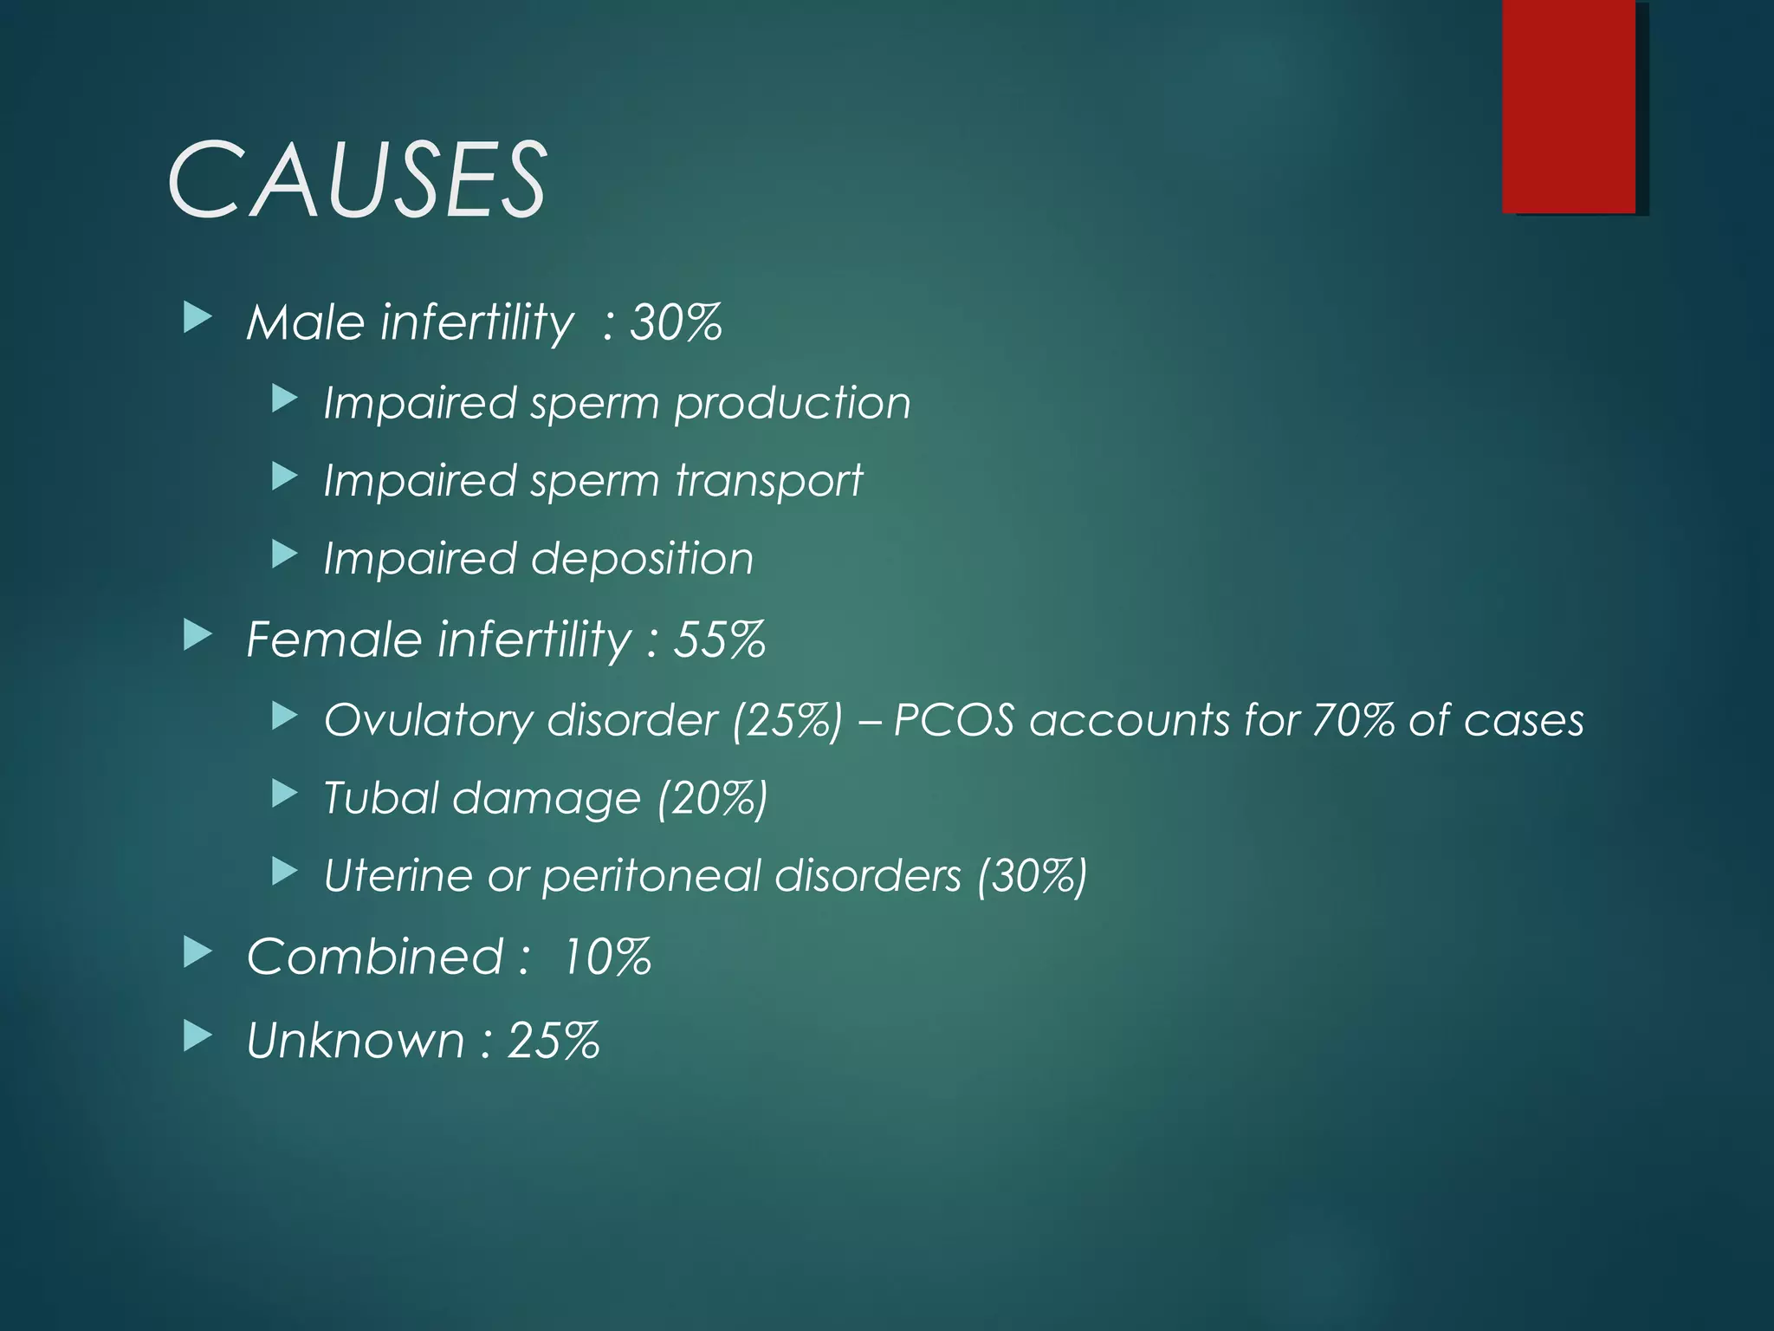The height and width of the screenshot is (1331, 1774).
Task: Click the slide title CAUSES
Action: tap(356, 180)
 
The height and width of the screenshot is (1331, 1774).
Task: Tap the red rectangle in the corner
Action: tap(1569, 106)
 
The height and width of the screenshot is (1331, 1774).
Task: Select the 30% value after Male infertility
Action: tap(676, 322)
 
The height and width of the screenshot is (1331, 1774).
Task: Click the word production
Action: tap(793, 404)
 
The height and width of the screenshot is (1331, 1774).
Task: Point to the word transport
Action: tap(769, 481)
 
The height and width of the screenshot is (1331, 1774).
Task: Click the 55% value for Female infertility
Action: tap(719, 640)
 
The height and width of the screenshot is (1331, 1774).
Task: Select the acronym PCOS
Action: tap(953, 720)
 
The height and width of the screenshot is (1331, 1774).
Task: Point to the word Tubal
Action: tap(380, 797)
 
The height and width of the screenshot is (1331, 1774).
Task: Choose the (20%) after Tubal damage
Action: tap(712, 798)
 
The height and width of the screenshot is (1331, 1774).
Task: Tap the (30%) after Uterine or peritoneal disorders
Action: tap(1031, 876)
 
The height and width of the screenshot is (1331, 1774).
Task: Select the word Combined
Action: tap(374, 957)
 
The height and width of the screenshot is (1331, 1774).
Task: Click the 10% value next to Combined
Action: tap(606, 957)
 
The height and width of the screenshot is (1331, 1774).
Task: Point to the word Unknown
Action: tap(355, 1040)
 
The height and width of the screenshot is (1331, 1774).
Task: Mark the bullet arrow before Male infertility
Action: tap(197, 319)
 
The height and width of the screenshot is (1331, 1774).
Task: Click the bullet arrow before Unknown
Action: tap(197, 1036)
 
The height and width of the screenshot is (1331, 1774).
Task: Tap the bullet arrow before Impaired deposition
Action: tap(284, 555)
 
